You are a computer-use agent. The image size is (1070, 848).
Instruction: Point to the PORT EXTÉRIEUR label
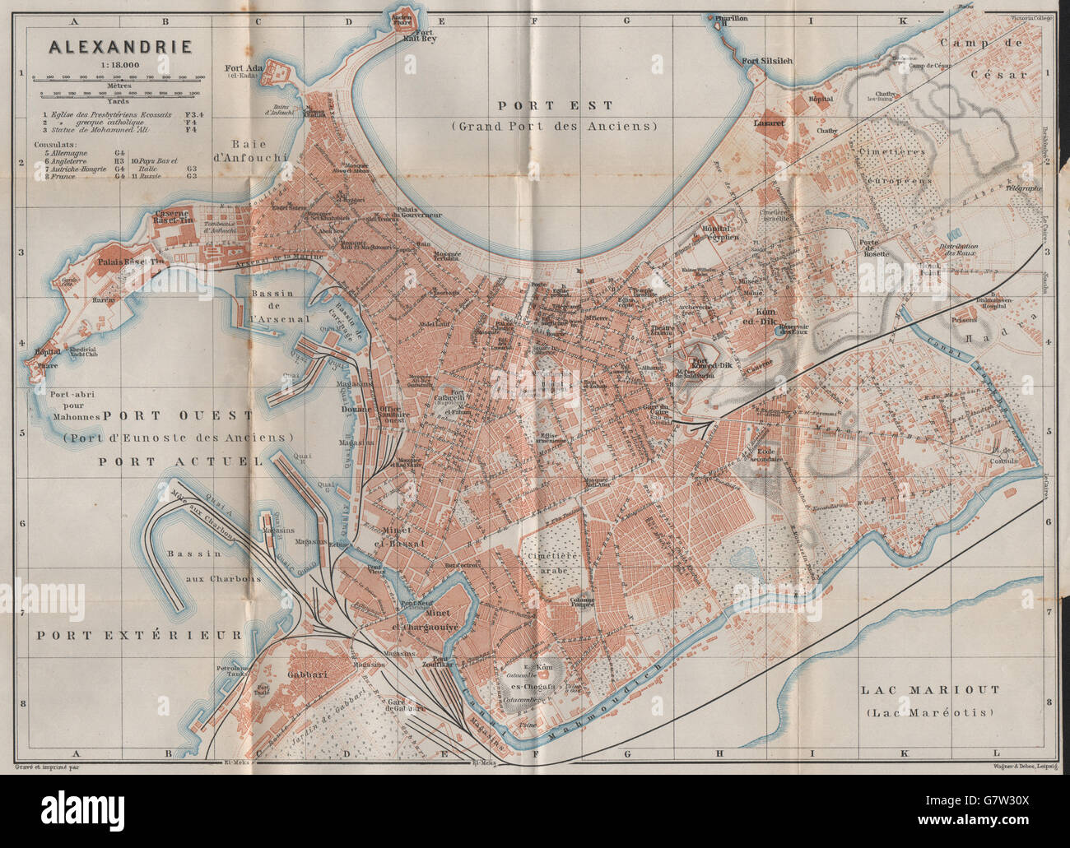[x=139, y=634]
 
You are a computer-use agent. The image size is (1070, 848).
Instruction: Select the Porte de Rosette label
[x=874, y=248]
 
